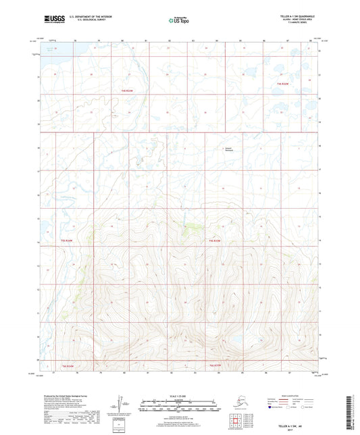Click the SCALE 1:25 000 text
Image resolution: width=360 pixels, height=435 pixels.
180,396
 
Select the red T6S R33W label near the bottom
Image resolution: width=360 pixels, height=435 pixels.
215,365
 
